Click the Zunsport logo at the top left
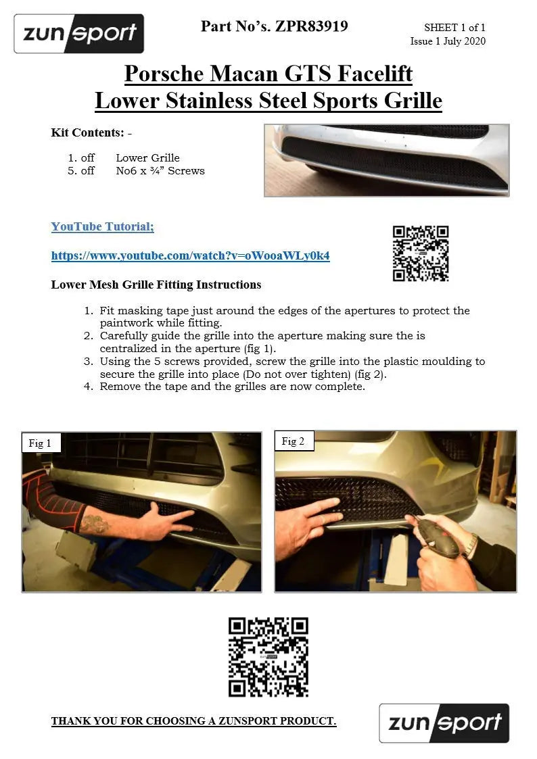[79, 33]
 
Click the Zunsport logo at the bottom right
[444, 723]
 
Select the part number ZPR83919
[311, 26]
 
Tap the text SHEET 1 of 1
[454, 28]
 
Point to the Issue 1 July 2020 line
[448, 41]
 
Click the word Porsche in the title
[164, 74]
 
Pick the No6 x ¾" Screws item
[160, 171]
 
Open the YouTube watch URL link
[190, 255]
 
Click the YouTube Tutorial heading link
[103, 226]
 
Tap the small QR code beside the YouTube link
[421, 253]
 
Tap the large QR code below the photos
[268, 657]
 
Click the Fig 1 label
[40, 443]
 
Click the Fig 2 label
[294, 441]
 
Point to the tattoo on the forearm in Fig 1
[95, 524]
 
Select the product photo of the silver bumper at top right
[387, 160]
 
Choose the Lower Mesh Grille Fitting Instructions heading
[156, 285]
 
